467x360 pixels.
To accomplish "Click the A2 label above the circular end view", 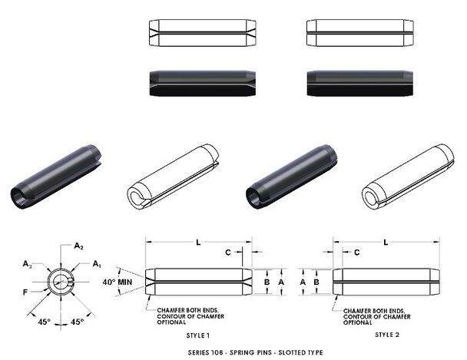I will pyautogui.click(x=78, y=246).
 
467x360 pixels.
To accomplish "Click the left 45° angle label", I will pyautogui.click(x=45, y=322).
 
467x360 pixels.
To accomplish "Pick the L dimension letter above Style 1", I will pyautogui.click(x=198, y=243).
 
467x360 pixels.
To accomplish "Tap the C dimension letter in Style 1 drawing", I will pyautogui.click(x=228, y=252).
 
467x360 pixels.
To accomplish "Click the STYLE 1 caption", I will pyautogui.click(x=199, y=335).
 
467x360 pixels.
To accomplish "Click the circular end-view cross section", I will pyautogui.click(x=61, y=281).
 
